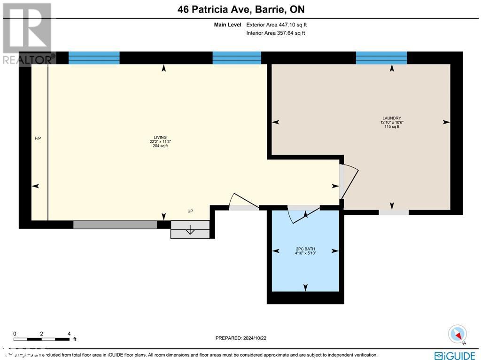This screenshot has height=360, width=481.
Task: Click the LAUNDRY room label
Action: coord(392,118)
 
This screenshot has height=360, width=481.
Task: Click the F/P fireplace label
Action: coord(38,138)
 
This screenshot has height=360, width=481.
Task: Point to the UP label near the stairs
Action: coord(190,211)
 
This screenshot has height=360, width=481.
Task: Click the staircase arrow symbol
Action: coord(190,230)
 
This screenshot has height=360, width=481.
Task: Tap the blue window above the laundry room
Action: coord(381,58)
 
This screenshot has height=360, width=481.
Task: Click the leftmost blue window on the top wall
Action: coord(94,58)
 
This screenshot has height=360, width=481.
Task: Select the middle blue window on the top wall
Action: coord(236,58)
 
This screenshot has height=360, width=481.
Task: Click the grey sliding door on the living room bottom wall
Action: coord(115,225)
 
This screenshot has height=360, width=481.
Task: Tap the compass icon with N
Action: coord(458,334)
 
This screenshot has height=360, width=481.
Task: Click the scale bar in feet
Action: coord(42,338)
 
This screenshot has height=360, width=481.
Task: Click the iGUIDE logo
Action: coord(455,355)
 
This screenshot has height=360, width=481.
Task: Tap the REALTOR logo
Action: coord(27,33)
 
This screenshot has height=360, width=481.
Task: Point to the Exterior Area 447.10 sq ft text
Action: coord(276,25)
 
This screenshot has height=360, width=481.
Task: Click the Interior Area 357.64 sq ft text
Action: coord(276,33)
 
